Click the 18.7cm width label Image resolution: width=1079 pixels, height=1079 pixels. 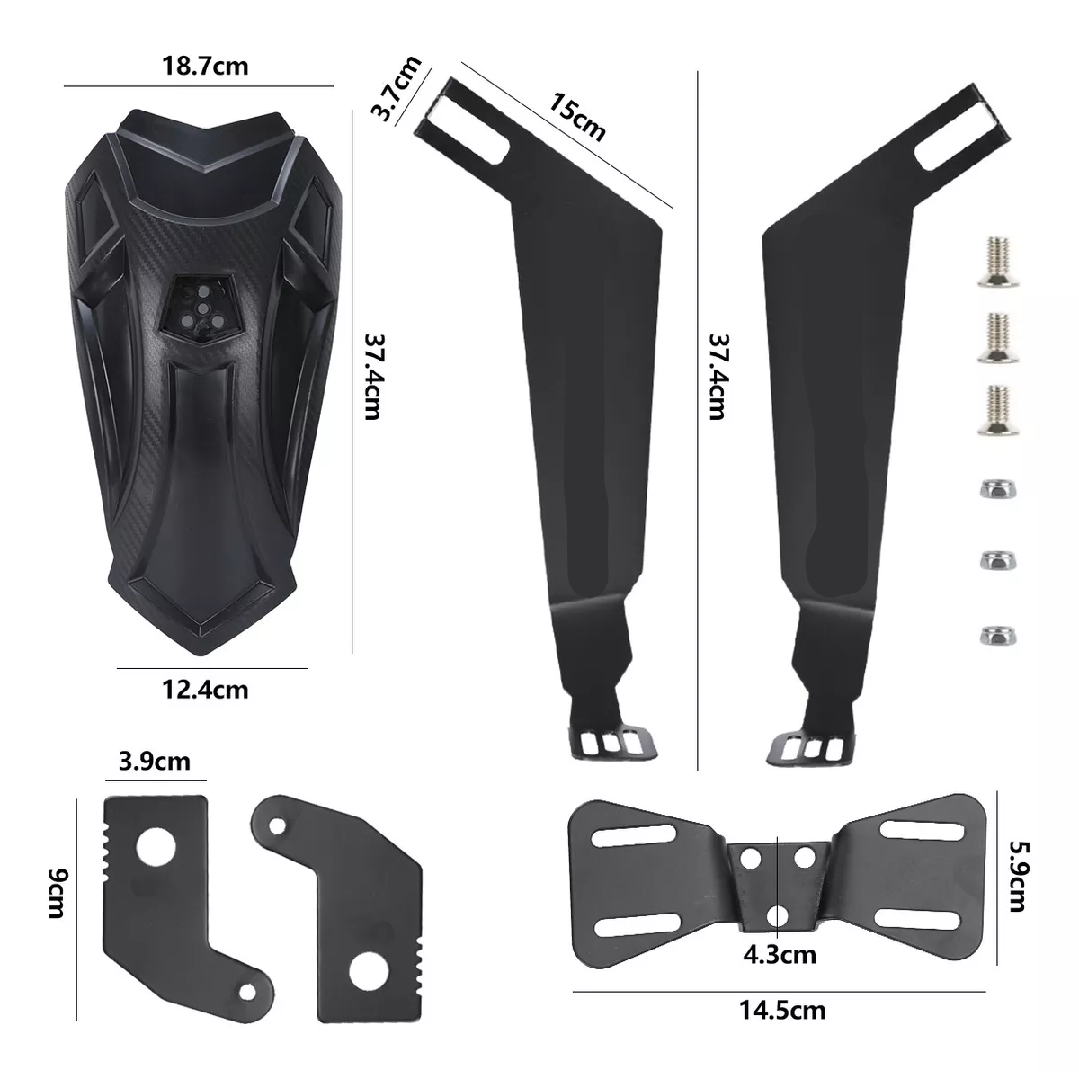205,67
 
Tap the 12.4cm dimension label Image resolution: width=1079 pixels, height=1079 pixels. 205,691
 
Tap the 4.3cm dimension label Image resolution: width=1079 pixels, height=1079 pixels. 780,953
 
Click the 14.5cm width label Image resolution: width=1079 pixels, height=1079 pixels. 782,1010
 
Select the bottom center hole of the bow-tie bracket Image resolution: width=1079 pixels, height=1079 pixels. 777,916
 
